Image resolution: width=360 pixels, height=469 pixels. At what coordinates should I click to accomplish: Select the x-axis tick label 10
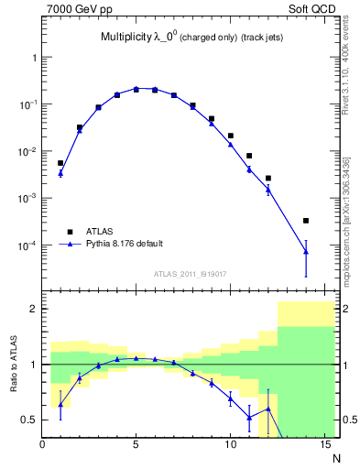230,446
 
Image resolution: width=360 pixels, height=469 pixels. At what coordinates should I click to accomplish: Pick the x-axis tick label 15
323,446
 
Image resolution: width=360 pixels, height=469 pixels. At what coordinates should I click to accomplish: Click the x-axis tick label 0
42,446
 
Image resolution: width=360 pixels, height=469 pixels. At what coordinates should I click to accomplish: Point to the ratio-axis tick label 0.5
28,420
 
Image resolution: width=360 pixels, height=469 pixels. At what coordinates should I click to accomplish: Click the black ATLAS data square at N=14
305,221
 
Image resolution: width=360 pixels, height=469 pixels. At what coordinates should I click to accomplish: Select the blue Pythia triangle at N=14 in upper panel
305,251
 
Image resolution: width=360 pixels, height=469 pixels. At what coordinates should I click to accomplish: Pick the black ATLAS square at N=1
60,163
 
